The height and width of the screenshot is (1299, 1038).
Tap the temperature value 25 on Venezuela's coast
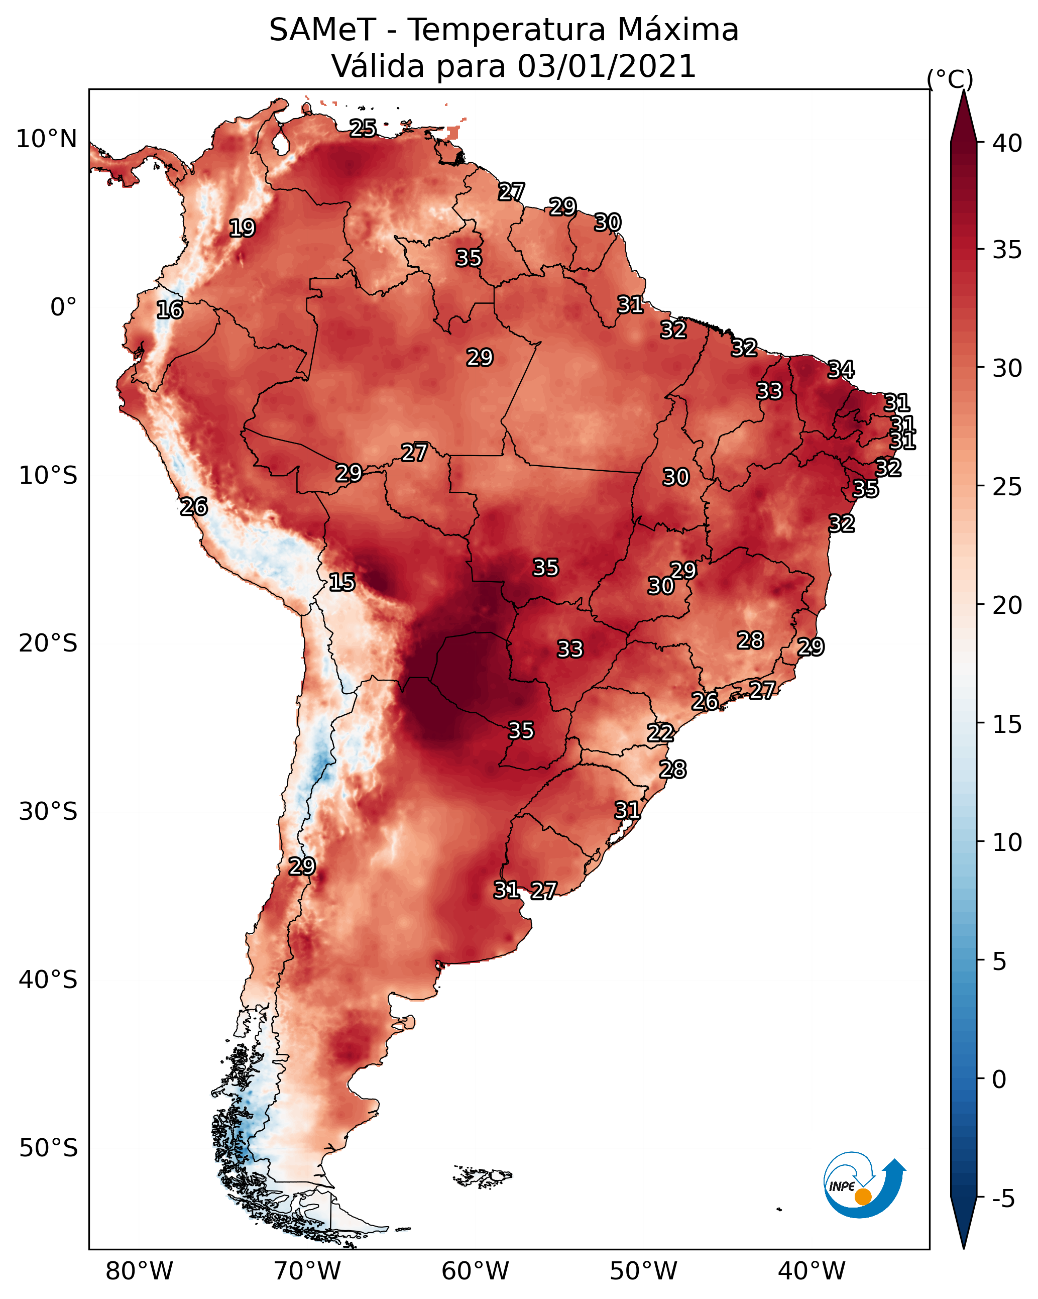[363, 128]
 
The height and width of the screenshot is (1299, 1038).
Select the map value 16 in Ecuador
[170, 310]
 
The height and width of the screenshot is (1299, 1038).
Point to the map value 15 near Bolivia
[341, 583]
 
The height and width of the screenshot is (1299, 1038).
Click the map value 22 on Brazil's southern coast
[660, 733]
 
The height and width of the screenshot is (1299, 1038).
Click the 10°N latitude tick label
[46, 139]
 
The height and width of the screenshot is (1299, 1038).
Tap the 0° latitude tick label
[64, 307]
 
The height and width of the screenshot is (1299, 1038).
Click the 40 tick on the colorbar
[1007, 143]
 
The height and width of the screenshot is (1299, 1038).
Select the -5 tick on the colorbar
[1003, 1199]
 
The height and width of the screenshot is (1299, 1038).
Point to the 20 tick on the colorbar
[1007, 605]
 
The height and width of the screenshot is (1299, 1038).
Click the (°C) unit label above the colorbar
[950, 79]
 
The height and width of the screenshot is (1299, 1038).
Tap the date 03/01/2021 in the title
[607, 66]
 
